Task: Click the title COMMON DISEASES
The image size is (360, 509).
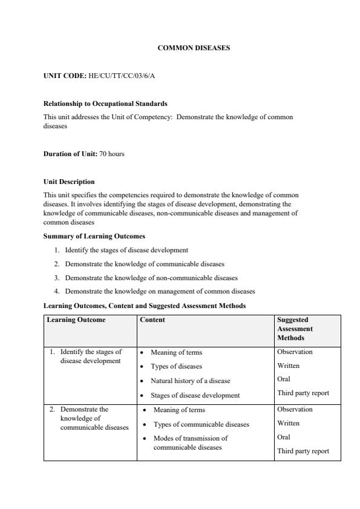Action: click(x=194, y=47)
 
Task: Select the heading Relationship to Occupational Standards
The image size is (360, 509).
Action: click(x=105, y=103)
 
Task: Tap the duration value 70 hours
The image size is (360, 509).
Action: click(x=112, y=154)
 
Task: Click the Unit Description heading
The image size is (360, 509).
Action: click(x=69, y=182)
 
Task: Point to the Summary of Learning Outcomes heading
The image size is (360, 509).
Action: click(x=94, y=236)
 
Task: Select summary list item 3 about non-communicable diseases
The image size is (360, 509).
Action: click(x=151, y=278)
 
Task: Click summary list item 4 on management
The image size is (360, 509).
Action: click(x=160, y=291)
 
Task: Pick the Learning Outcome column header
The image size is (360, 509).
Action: click(x=76, y=320)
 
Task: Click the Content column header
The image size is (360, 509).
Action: click(x=152, y=320)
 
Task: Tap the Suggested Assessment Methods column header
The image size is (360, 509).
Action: click(x=295, y=328)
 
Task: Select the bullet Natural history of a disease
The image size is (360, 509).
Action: click(x=190, y=381)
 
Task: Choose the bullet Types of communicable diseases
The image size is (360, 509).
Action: click(x=201, y=424)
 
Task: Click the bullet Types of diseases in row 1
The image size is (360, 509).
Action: click(x=176, y=366)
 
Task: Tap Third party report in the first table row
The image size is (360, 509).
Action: click(x=303, y=393)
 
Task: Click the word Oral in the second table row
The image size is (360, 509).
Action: click(x=284, y=437)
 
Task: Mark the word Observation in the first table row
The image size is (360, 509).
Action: click(x=295, y=352)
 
